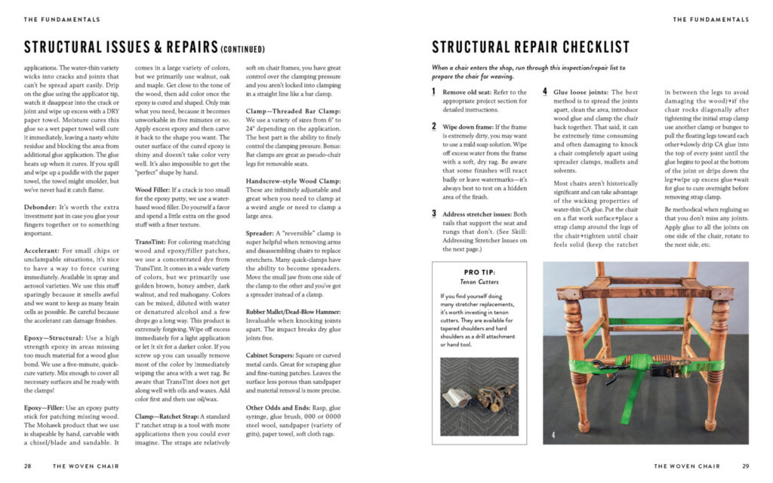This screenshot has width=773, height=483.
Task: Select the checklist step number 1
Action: pyautogui.click(x=433, y=91)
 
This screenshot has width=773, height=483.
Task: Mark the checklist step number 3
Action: pyautogui.click(x=434, y=214)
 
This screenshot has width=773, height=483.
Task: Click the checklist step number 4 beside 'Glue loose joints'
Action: pyautogui.click(x=545, y=91)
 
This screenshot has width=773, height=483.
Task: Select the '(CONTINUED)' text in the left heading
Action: pyautogui.click(x=243, y=50)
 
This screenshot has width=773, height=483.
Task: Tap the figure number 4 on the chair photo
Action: pyautogui.click(x=553, y=435)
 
